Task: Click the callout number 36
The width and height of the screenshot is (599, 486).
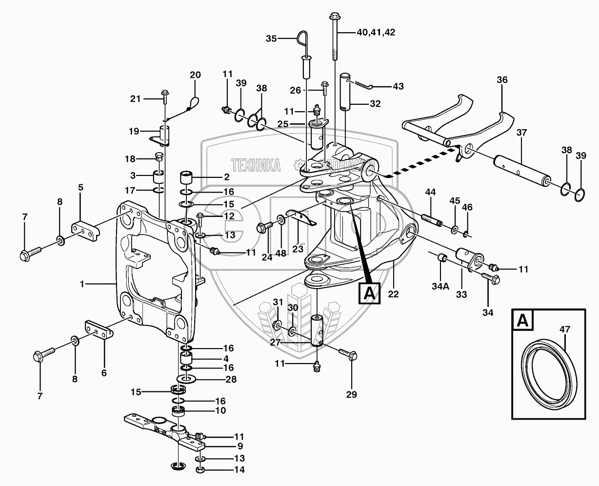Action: [x=502, y=80]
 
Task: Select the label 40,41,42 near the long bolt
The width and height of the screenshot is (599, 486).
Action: [x=376, y=33]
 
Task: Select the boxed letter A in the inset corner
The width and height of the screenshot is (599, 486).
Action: [x=523, y=321]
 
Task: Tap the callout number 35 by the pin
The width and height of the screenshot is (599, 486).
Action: [x=271, y=38]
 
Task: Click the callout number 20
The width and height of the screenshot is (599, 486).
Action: [x=195, y=75]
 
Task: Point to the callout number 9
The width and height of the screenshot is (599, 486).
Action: [x=239, y=446]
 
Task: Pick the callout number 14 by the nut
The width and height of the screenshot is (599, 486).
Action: [x=239, y=470]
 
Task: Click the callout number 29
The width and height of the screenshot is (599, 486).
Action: [x=351, y=394]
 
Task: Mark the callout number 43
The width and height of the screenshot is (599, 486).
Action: [x=398, y=86]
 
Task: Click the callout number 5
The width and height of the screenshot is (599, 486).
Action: [x=80, y=187]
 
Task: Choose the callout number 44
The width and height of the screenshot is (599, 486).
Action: [x=430, y=193]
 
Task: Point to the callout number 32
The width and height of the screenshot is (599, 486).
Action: [x=375, y=103]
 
